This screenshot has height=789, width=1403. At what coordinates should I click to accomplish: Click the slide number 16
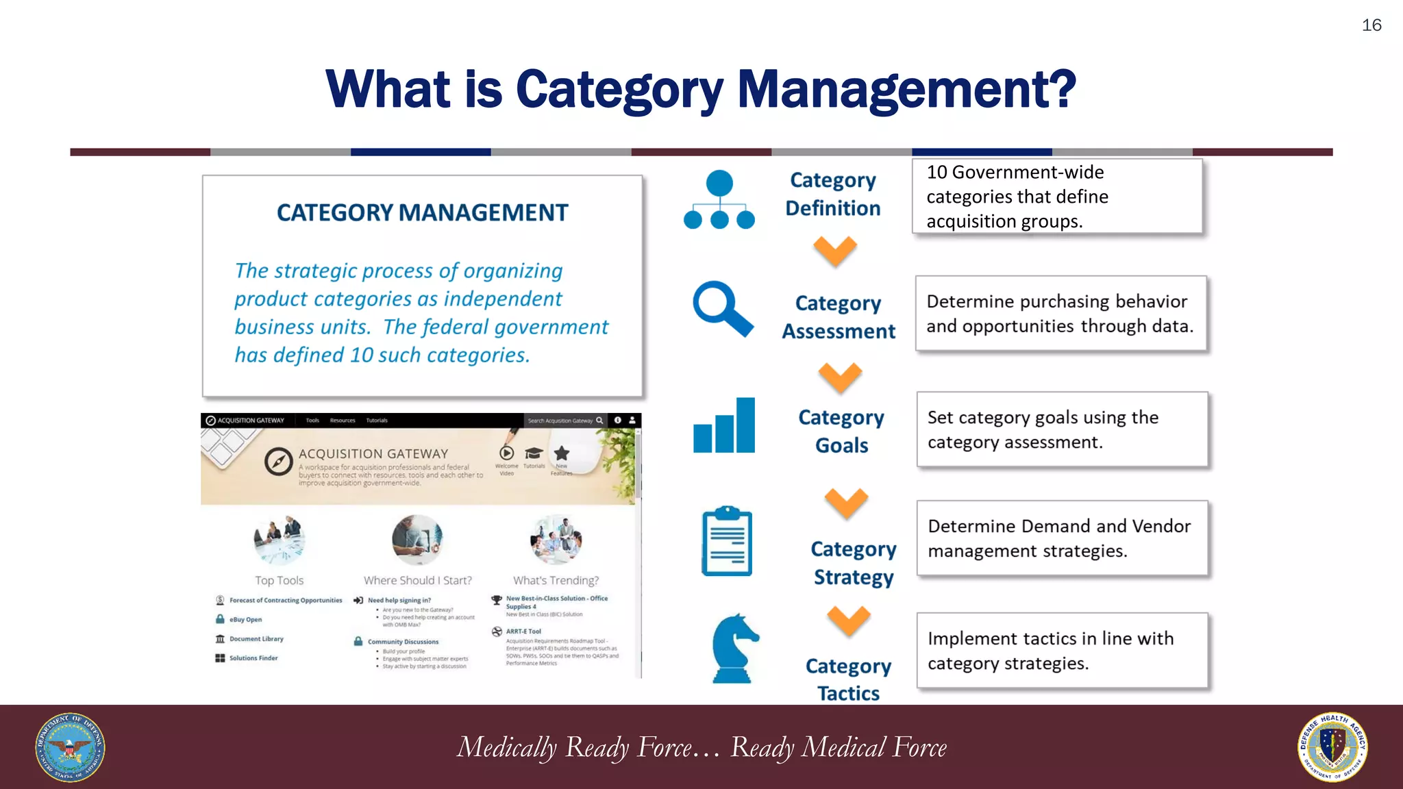(1371, 25)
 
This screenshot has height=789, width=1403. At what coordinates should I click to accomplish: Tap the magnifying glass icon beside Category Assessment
(721, 308)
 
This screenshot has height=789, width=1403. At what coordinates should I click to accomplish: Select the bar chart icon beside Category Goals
(724, 426)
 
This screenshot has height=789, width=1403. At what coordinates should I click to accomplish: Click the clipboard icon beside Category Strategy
(727, 541)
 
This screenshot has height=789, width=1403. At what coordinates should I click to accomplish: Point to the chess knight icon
(734, 649)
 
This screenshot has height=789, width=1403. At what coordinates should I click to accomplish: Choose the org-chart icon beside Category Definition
(719, 199)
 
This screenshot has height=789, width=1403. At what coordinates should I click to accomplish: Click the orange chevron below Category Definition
(835, 251)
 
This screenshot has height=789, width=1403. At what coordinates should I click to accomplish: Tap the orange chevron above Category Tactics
(848, 621)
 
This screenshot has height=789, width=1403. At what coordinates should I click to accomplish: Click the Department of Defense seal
(70, 747)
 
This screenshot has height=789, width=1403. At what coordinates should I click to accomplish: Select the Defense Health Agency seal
(1332, 747)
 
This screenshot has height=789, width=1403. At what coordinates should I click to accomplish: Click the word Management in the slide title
(906, 90)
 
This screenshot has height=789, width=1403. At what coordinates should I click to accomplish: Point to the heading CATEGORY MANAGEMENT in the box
(422, 213)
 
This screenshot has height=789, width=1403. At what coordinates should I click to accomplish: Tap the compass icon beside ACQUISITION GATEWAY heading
(279, 462)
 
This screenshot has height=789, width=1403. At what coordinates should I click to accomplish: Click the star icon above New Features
(562, 453)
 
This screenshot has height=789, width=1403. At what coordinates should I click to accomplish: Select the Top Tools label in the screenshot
(279, 580)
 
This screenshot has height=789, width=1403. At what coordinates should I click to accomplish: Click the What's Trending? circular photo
(556, 540)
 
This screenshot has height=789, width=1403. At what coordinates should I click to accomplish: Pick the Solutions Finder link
(253, 658)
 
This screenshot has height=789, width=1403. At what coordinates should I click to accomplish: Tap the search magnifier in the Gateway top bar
(599, 421)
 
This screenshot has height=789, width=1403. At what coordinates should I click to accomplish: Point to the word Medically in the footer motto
(507, 747)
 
